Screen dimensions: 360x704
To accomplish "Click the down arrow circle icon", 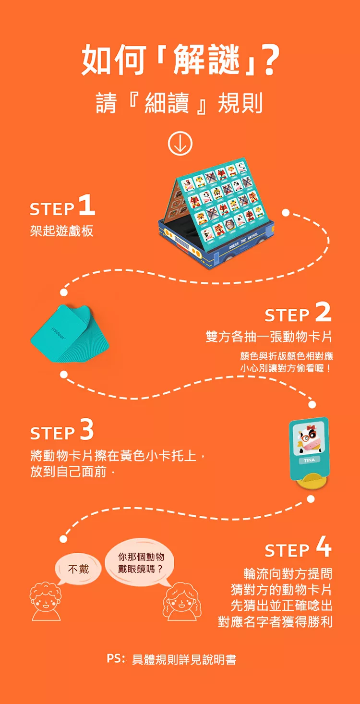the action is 180,144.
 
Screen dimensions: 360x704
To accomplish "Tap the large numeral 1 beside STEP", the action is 87,205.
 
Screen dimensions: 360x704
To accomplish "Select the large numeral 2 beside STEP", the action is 323,312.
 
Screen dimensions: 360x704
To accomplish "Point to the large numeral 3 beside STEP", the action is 87,429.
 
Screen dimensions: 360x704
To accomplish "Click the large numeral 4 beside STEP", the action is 324,546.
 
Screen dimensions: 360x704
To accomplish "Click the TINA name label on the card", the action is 309,460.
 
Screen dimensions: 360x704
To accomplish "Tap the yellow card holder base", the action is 312,480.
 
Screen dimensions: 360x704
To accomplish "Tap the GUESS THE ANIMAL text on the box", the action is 244,241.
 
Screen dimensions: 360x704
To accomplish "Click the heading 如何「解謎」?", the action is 180,59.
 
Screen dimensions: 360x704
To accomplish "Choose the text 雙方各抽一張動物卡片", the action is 269,337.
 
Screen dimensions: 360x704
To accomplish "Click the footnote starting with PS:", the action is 171,659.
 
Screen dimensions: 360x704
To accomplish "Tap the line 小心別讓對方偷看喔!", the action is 286,368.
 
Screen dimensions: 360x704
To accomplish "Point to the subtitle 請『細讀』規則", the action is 180,103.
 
